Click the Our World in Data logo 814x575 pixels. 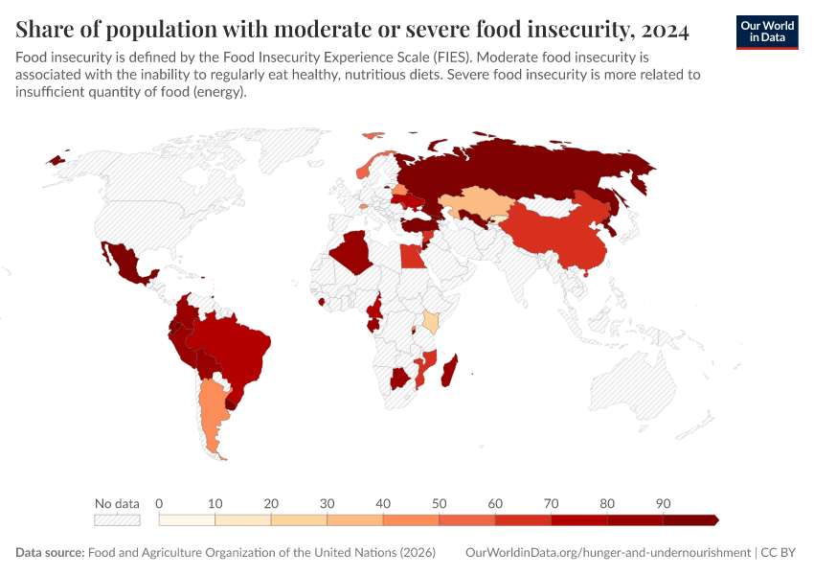point(766,32)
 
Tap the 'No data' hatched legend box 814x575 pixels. point(117,520)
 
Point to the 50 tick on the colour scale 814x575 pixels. point(439,503)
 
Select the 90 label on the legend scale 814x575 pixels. point(663,503)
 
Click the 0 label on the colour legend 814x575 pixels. point(159,503)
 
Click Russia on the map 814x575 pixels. point(536,172)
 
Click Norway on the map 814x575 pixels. point(365,170)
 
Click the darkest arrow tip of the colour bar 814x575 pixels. point(714,520)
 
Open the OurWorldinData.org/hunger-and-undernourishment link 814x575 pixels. point(607,553)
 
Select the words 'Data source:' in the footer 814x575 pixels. point(50,553)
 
